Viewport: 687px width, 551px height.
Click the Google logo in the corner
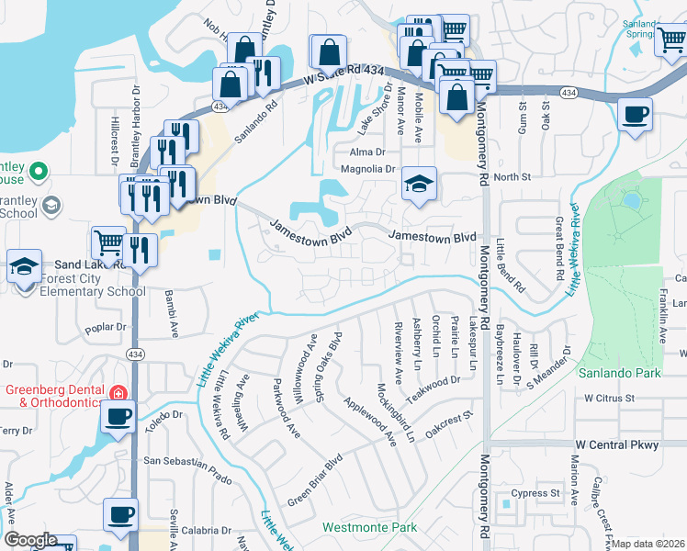[x=30, y=540]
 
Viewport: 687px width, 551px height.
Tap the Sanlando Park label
[x=614, y=373]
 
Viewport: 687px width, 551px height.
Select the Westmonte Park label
[x=369, y=527]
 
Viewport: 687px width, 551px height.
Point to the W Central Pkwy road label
[x=617, y=445]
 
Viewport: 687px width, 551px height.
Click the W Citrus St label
[x=609, y=399]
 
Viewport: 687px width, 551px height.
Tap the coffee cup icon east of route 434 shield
[x=635, y=115]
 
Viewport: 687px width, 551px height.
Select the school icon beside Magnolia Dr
[x=418, y=186]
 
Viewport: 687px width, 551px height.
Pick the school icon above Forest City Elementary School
[x=24, y=266]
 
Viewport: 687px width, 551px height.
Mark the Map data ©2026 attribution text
[x=648, y=544]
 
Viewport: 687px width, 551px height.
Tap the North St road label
[x=512, y=176]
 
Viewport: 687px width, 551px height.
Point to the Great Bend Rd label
[x=557, y=247]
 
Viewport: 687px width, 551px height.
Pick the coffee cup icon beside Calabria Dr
[x=120, y=512]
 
